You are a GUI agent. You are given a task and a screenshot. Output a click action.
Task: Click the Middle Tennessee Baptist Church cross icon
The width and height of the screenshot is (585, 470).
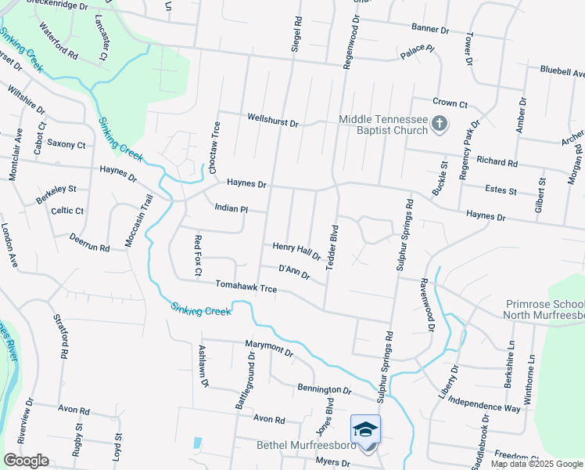440,123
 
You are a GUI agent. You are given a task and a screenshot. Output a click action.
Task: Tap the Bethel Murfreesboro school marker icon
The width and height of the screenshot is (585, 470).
365,430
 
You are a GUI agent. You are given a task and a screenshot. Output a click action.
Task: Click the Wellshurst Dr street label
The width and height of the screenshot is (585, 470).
273,123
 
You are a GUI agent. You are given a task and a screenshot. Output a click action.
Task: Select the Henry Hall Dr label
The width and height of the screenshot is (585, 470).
296,251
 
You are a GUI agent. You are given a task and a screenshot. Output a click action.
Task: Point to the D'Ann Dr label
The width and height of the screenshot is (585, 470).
295,272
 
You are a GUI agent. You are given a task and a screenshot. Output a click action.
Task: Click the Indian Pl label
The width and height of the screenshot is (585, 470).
231,209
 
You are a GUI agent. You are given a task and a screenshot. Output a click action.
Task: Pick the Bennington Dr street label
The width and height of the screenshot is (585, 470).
325,389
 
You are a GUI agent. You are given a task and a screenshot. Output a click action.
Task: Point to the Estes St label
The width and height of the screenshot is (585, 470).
501,190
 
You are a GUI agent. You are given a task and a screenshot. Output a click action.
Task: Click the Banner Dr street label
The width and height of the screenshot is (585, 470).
430,29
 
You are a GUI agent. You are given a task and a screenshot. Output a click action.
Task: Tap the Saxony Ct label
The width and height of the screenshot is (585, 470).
66,144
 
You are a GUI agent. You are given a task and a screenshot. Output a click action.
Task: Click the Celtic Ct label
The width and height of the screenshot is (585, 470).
67,211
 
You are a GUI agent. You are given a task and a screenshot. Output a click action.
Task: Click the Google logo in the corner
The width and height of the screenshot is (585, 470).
26,461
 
